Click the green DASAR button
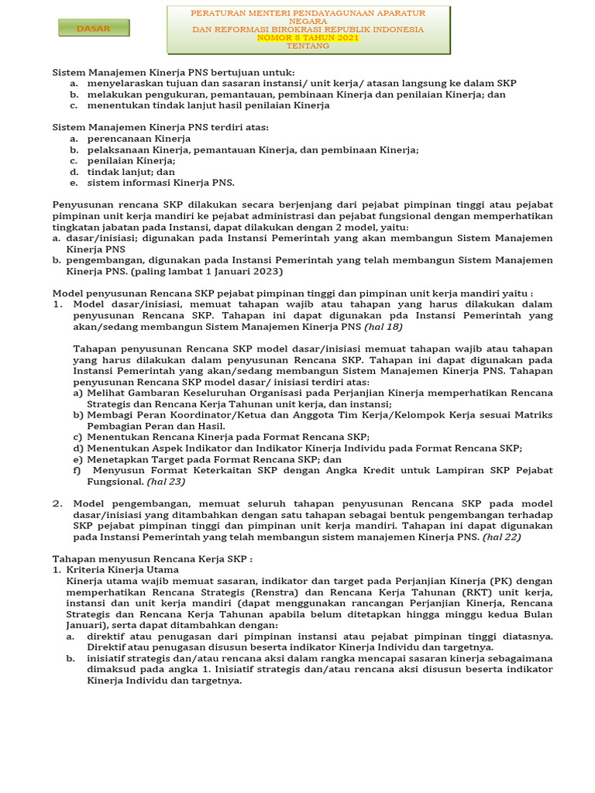click(94, 29)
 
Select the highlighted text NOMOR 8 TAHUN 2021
click(308, 37)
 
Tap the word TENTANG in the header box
click(308, 46)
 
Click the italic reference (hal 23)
click(167, 481)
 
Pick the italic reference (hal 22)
click(502, 536)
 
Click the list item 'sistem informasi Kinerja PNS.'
click(160, 183)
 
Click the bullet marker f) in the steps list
click(77, 470)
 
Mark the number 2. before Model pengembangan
click(57, 503)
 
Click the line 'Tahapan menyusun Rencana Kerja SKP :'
click(153, 558)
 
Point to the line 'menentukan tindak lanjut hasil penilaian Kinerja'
click(208, 105)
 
